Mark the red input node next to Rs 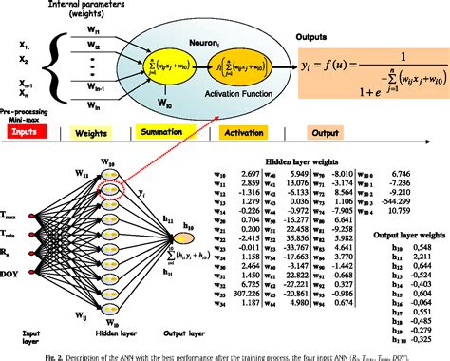pos(53,250)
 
